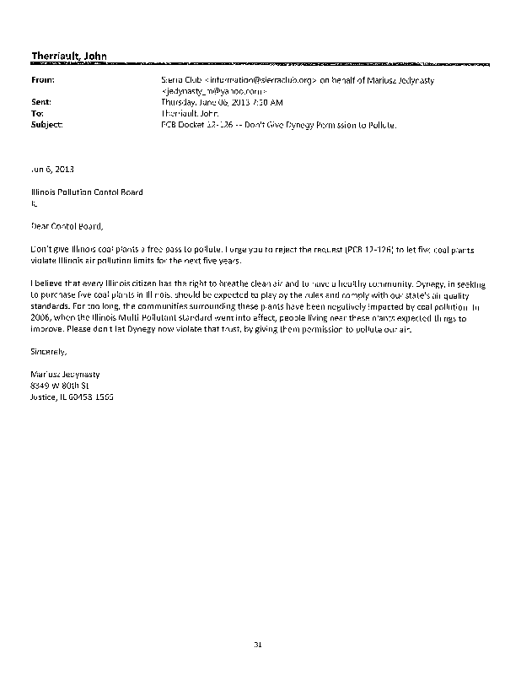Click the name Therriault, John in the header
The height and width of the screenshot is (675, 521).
[68, 56]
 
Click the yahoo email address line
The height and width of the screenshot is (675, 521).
[214, 89]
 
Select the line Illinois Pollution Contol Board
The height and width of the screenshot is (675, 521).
[87, 192]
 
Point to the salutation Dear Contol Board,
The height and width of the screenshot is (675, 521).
[66, 226]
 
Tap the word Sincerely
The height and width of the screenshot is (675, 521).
[47, 350]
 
